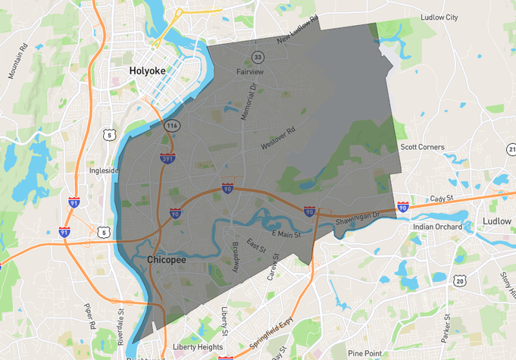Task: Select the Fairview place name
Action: point(250,71)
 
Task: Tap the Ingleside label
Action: point(104,171)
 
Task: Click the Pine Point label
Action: point(366,353)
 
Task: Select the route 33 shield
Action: point(258,57)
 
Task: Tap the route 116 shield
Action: point(173,124)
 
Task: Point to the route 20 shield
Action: point(460,281)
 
